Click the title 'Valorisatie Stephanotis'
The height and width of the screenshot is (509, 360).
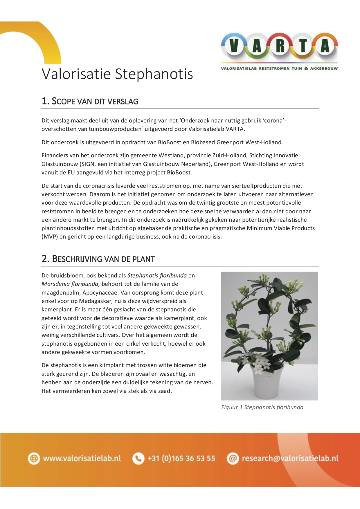click(117, 74)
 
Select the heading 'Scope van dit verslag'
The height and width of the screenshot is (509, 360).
click(90, 101)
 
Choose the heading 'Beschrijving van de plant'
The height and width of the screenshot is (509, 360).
click(98, 259)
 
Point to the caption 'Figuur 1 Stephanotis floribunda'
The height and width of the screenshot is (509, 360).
click(262, 407)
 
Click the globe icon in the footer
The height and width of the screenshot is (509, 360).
click(34, 459)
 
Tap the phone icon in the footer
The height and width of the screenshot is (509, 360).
click(138, 459)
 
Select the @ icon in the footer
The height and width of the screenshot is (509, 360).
click(233, 459)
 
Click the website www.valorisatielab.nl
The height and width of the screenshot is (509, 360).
click(82, 459)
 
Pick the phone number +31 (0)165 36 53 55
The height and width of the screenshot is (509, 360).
click(181, 459)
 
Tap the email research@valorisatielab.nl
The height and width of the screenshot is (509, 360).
click(290, 459)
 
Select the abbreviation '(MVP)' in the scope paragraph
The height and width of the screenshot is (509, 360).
click(50, 237)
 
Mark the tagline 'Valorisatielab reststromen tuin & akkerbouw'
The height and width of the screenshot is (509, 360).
click(279, 68)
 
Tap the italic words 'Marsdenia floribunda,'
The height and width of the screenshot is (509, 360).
click(71, 284)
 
